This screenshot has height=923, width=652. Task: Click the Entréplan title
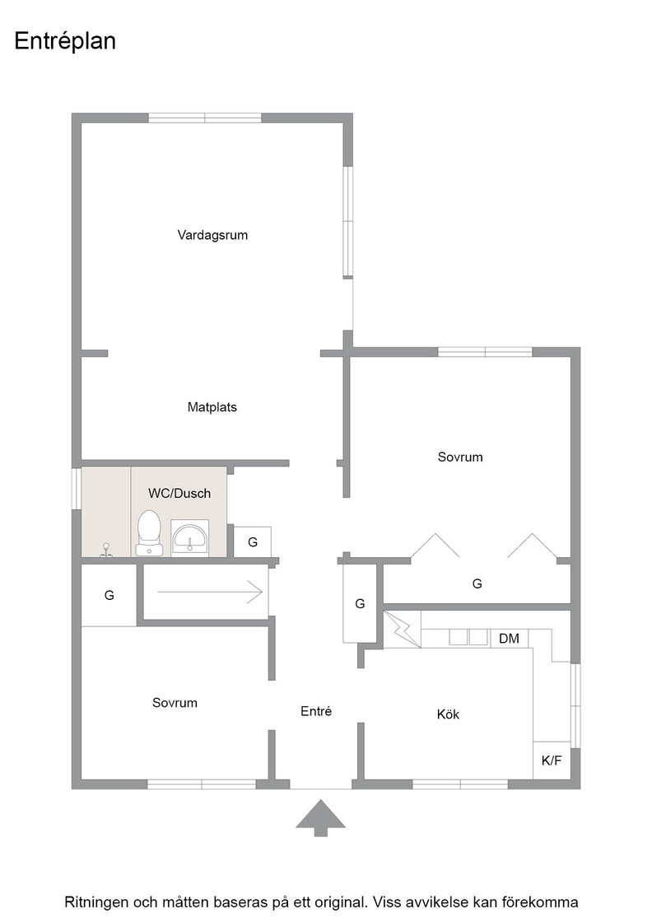click(65, 41)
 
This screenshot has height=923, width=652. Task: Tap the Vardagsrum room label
click(212, 235)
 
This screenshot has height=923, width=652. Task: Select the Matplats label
click(212, 407)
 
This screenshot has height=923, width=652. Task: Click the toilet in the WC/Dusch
click(149, 532)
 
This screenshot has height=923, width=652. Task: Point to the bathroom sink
click(190, 536)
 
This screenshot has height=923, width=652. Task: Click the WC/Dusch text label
click(179, 494)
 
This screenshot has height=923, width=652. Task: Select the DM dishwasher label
click(509, 638)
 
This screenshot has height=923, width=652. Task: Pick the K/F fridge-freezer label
click(552, 761)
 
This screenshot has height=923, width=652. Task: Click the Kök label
click(448, 714)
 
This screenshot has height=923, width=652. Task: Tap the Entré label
click(316, 711)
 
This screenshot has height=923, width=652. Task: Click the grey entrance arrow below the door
click(320, 818)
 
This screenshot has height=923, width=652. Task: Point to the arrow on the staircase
click(209, 592)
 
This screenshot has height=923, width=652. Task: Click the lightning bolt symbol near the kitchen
click(402, 630)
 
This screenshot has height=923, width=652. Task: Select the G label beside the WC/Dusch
click(253, 542)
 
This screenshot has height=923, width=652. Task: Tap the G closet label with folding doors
click(477, 583)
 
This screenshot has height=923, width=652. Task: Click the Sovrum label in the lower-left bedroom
click(175, 702)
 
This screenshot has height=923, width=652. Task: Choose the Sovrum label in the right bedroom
click(460, 457)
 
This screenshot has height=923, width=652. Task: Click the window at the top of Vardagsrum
click(205, 118)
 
